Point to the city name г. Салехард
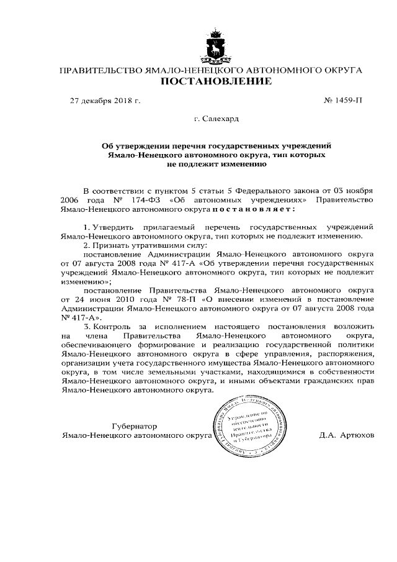(216, 118)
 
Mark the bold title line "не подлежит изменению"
(216, 165)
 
